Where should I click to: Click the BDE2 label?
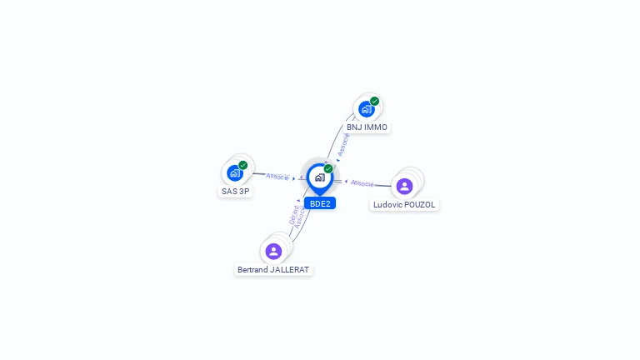point(320,203)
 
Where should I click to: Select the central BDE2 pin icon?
point(319,177)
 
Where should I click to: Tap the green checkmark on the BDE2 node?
point(328,168)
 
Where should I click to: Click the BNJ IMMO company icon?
point(366,109)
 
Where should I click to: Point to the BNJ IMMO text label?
point(367,127)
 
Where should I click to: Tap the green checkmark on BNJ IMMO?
point(375,101)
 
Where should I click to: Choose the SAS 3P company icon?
point(235,173)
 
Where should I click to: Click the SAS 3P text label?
point(235,191)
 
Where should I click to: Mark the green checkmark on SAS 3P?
point(243,165)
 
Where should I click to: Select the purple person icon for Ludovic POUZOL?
point(405,186)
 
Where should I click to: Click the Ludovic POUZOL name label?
point(404,204)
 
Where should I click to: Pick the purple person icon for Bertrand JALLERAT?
point(273,251)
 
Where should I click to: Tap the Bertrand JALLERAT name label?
point(273,270)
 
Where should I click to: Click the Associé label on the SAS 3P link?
point(277,177)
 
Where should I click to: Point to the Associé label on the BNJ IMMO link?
point(343,144)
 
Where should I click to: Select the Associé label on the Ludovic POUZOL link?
point(362,182)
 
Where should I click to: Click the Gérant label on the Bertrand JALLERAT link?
point(293,215)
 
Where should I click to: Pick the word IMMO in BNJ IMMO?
point(376,127)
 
